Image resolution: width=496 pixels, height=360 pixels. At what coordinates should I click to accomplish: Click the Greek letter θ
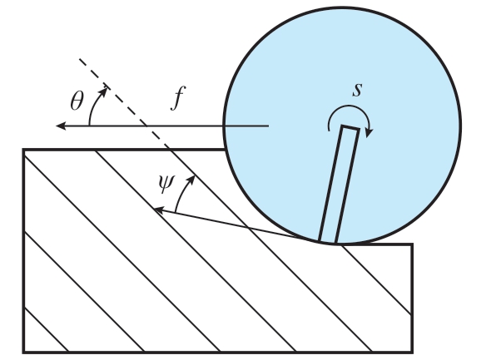(x=77, y=101)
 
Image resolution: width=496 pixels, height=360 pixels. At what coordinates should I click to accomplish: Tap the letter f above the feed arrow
(x=178, y=97)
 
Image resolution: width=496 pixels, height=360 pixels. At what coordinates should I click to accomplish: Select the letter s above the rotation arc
(x=357, y=90)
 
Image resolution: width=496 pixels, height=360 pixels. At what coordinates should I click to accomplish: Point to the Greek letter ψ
(x=166, y=183)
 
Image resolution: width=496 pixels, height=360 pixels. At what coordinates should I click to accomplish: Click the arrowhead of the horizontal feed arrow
(x=61, y=126)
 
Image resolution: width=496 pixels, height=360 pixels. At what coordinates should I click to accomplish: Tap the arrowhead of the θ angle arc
(x=104, y=91)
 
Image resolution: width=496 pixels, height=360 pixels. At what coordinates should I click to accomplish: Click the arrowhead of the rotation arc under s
(x=369, y=133)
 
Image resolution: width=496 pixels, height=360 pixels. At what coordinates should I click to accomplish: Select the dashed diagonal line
(x=124, y=103)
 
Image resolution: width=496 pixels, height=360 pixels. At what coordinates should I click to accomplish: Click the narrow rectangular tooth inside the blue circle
(x=339, y=184)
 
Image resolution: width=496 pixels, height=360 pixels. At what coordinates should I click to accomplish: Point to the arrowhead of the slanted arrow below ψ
(x=158, y=210)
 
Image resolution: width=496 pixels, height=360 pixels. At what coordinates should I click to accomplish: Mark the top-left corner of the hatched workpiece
(x=24, y=150)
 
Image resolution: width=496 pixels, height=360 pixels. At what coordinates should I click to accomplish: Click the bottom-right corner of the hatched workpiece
(x=412, y=352)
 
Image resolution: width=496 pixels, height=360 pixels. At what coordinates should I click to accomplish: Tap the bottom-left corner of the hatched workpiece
(x=24, y=352)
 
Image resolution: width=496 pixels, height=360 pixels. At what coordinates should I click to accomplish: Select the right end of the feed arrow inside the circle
(x=269, y=126)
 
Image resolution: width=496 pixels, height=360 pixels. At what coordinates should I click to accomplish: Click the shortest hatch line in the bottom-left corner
(x=46, y=329)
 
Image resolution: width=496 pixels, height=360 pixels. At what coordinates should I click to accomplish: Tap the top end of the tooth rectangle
(x=351, y=127)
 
